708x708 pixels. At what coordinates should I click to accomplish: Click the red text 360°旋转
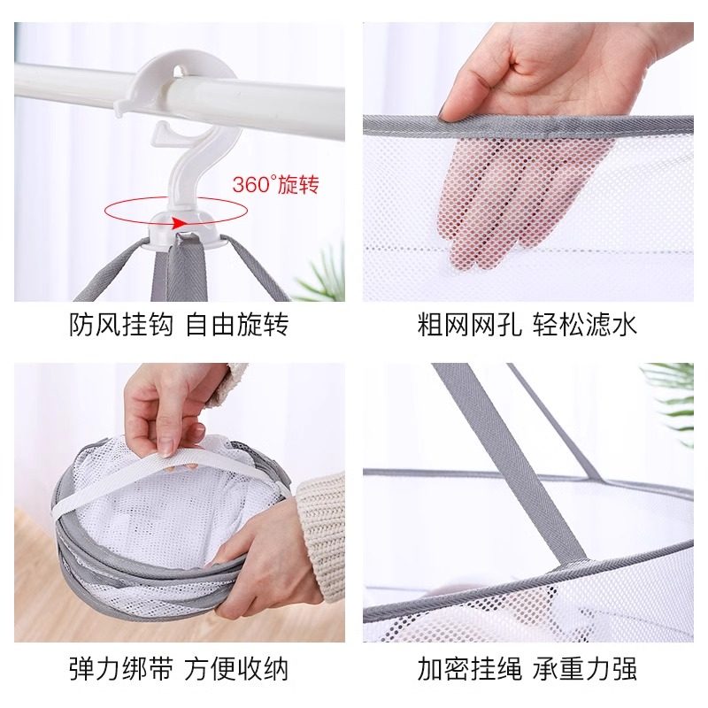(x=274, y=185)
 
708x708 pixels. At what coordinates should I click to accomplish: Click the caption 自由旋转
(x=236, y=325)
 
